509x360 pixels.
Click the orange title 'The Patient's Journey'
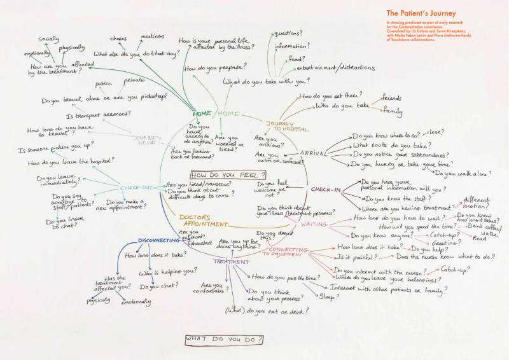419,13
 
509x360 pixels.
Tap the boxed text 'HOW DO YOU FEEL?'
227,174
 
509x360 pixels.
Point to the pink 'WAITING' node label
314,225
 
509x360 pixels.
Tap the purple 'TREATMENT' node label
227,261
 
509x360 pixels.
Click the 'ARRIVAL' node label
313,153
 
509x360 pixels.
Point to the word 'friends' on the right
392,98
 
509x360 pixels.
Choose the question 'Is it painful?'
356,257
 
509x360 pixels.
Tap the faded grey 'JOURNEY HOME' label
147,140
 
